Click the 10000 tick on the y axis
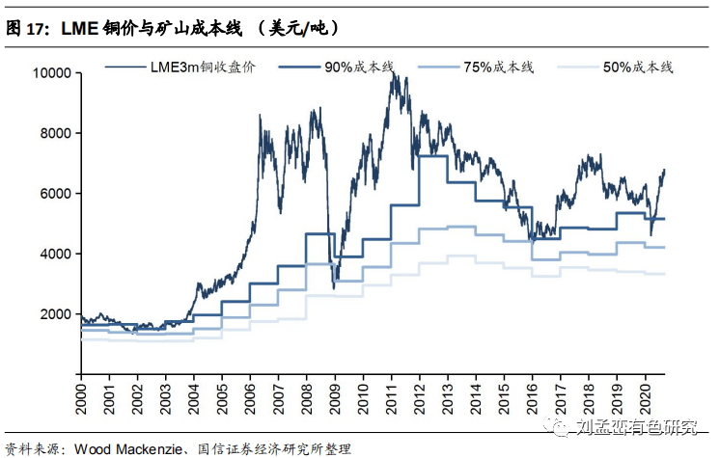coord(50,73)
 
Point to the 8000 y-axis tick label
coord(54,133)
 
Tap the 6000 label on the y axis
coord(54,194)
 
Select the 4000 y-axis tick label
coord(54,254)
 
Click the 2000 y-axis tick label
coord(54,314)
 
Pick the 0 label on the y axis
coord(67,374)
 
